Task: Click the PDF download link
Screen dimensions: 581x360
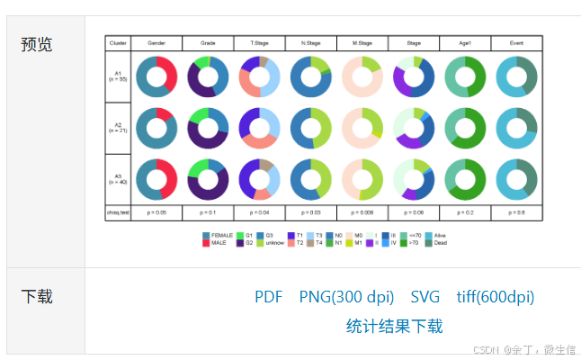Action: (x=268, y=297)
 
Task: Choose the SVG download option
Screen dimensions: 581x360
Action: (x=425, y=297)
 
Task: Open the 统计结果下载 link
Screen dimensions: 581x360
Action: (x=394, y=326)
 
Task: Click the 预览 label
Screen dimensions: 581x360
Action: (x=37, y=44)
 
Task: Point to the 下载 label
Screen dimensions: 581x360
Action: (x=37, y=296)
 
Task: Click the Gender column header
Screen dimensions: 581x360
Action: (x=156, y=43)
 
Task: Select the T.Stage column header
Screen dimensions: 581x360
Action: (x=260, y=43)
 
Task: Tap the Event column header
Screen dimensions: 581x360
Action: (x=516, y=43)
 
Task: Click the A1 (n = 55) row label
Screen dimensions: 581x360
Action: (x=118, y=76)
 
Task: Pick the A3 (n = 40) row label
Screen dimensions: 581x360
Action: (x=118, y=179)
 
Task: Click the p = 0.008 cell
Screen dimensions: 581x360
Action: (x=362, y=212)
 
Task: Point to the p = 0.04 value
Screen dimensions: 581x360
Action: (x=260, y=212)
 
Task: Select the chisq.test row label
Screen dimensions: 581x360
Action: (x=118, y=212)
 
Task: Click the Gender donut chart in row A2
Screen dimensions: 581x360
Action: (x=156, y=128)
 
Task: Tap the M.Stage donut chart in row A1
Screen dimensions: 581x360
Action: (x=362, y=76)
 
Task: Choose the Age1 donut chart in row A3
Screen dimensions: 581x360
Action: (x=465, y=179)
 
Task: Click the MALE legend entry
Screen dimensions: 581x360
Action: (x=218, y=243)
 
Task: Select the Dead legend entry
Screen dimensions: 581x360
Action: (x=438, y=243)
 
